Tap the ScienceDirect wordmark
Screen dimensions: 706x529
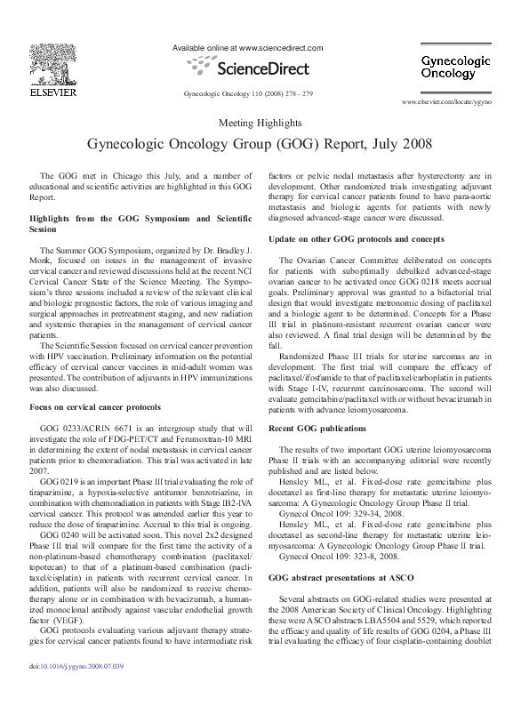pos(249,68)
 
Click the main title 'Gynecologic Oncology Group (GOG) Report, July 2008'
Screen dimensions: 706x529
pos(264,144)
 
